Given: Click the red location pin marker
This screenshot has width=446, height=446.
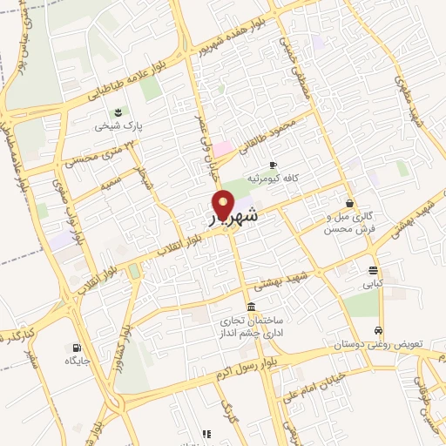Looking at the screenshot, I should (x=224, y=204).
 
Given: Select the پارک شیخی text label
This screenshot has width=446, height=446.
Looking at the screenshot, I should (x=118, y=126).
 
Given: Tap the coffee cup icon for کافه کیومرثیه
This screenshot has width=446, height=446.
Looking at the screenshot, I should (x=273, y=164).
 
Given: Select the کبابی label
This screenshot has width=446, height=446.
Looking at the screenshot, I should (x=373, y=284).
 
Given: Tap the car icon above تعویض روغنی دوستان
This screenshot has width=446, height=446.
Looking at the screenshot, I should (x=378, y=330).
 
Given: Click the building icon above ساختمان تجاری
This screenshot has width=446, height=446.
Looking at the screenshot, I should (x=252, y=306).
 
